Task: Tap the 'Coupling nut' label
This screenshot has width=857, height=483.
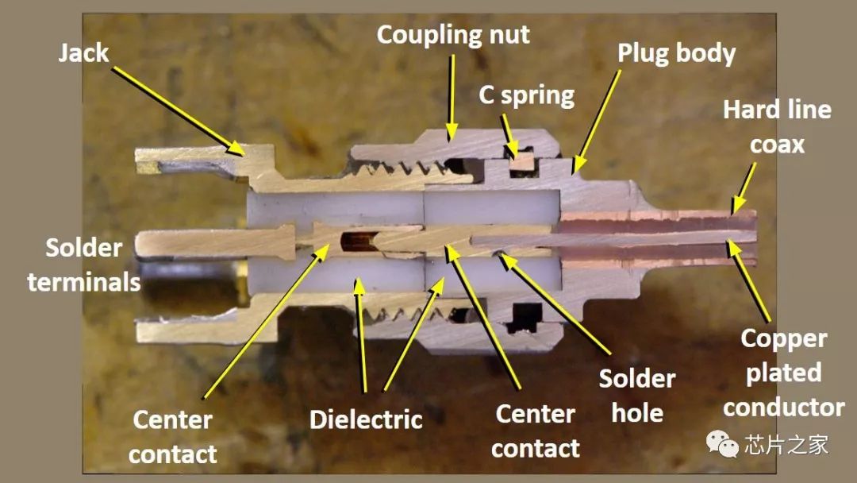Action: (453, 35)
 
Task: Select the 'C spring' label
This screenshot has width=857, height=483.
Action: (526, 95)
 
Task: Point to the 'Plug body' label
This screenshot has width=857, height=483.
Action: (676, 53)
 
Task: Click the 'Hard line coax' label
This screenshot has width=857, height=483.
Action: (777, 126)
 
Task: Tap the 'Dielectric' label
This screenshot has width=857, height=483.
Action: (366, 419)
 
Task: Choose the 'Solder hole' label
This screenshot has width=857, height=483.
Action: (636, 396)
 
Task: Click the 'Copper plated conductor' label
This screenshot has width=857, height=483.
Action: (783, 373)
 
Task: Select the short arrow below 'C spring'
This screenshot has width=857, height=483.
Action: (508, 134)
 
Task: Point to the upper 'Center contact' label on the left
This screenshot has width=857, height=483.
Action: (172, 436)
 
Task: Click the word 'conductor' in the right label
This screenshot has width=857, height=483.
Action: (783, 408)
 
